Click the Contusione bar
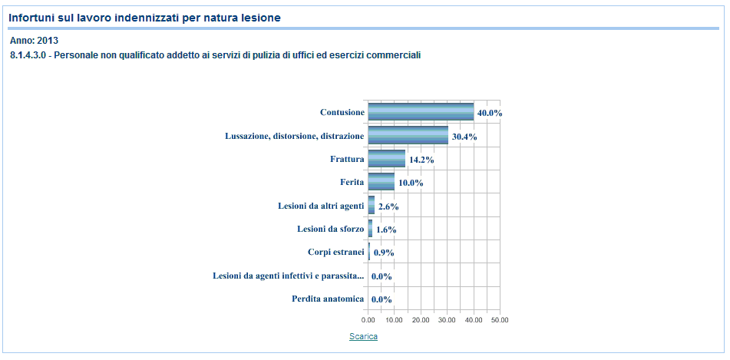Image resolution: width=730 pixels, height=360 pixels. pyautogui.click(x=421, y=112)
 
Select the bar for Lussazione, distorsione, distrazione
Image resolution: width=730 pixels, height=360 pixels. pyautogui.click(x=408, y=136)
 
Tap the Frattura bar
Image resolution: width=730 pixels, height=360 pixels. pyautogui.click(x=386, y=159)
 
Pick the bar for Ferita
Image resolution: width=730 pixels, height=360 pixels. pyautogui.click(x=381, y=183)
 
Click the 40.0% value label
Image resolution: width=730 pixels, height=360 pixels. pyautogui.click(x=490, y=113)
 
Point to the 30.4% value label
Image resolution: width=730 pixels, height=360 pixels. pyautogui.click(x=464, y=137)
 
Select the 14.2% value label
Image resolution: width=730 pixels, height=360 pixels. pyautogui.click(x=421, y=160)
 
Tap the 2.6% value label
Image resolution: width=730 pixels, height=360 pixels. pyautogui.click(x=388, y=206)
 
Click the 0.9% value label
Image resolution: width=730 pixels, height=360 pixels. pyautogui.click(x=384, y=253)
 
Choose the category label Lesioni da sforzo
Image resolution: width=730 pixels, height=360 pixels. pyautogui.click(x=331, y=229)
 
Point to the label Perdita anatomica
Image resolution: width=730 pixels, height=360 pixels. pyautogui.click(x=328, y=299)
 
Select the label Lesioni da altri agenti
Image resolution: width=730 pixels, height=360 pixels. pyautogui.click(x=321, y=206)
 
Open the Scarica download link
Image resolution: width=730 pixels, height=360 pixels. pyautogui.click(x=363, y=336)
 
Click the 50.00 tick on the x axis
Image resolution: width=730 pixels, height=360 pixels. pyautogui.click(x=500, y=320)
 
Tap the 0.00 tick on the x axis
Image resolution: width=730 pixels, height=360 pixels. pyautogui.click(x=368, y=320)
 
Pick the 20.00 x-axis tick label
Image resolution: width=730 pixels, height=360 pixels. pyautogui.click(x=421, y=320)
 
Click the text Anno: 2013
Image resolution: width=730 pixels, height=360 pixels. pyautogui.click(x=34, y=40)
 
